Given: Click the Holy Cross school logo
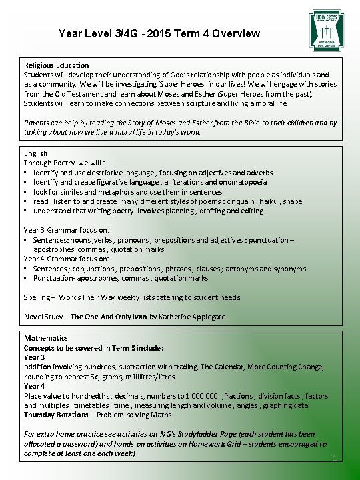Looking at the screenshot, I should pyautogui.click(x=326, y=30).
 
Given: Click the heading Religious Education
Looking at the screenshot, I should pyautogui.click(x=57, y=65).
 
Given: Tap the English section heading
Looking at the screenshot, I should pyautogui.click(x=36, y=153).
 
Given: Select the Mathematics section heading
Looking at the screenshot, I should pyautogui.click(x=46, y=338).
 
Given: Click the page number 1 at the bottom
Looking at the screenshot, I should pyautogui.click(x=333, y=458).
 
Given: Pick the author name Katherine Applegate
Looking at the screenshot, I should pyautogui.click(x=193, y=317).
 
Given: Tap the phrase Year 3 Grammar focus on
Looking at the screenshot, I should pyautogui.click(x=67, y=230).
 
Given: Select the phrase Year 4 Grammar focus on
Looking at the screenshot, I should pyautogui.click(x=67, y=259).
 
